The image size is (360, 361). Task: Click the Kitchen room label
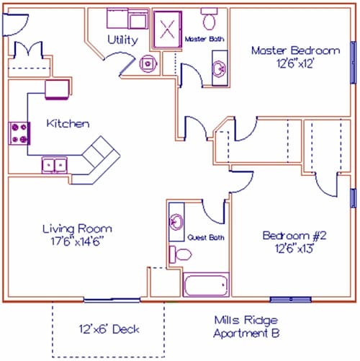(x=68, y=123)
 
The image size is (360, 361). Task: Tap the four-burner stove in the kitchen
(x=19, y=133)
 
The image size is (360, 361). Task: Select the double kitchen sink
(x=55, y=165)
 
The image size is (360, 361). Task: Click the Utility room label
(x=122, y=40)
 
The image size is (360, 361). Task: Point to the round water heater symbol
(x=148, y=63)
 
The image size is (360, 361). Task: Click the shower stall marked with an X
(x=168, y=30)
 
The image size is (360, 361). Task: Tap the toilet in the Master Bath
(x=210, y=19)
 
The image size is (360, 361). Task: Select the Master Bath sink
(x=220, y=68)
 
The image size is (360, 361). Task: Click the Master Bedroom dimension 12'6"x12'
(x=295, y=63)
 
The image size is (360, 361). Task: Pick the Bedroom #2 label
(x=294, y=236)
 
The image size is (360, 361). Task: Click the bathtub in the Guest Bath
(x=206, y=285)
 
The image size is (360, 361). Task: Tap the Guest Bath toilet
(x=180, y=254)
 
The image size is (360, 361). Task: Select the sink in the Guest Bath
(x=176, y=222)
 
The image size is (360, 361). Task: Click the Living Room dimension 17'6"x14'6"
(x=77, y=241)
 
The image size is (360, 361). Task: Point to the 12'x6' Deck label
(x=109, y=329)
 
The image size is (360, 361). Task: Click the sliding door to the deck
(x=112, y=300)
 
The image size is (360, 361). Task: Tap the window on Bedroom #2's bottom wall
(x=291, y=300)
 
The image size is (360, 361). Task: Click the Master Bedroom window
(x=354, y=63)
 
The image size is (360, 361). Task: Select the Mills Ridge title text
(x=246, y=320)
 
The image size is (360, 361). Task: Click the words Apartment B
(x=246, y=333)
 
